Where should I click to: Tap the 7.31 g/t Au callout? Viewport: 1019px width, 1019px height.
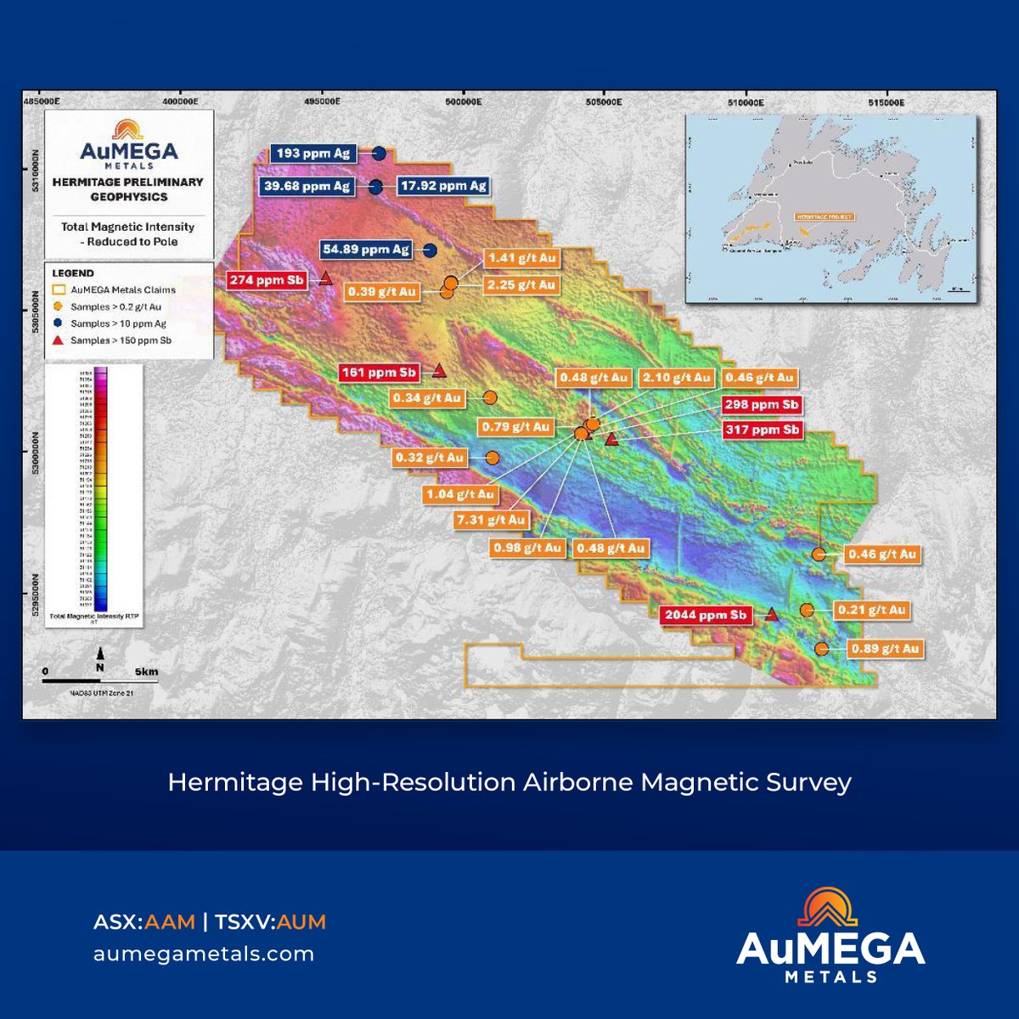point(491,520)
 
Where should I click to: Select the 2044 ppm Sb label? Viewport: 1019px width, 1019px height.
point(706,616)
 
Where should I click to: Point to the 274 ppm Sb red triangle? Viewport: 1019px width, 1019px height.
point(325,279)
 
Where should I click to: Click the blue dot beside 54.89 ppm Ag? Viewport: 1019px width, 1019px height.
point(430,250)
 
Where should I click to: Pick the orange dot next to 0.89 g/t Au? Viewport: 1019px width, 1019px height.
point(821,649)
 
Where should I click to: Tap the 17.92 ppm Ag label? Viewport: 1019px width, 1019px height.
point(443,186)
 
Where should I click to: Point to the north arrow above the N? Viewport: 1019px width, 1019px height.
point(100,653)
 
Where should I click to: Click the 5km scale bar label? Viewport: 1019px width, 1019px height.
point(146,672)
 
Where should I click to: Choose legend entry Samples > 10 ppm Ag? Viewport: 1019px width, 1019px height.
point(118,324)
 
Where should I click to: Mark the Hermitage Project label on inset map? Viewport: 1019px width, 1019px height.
point(824,217)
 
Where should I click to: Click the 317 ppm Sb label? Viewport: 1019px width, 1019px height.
point(763,430)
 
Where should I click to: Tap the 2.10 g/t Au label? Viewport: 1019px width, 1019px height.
point(677,378)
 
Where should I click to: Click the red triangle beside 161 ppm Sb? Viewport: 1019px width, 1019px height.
point(439,370)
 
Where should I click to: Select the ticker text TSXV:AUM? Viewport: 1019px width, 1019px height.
point(270,922)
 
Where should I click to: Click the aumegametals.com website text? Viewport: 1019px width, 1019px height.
point(204,954)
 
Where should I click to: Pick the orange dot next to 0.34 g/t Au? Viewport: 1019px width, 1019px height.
point(490,397)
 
